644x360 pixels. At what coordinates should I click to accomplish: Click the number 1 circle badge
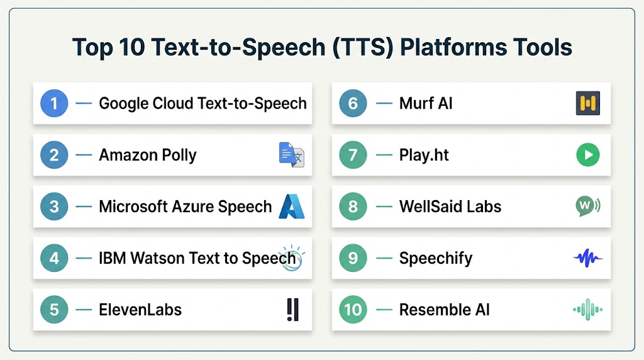[x=54, y=103]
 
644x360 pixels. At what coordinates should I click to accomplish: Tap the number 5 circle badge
[x=54, y=310]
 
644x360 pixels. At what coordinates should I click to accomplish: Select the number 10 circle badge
[x=353, y=310]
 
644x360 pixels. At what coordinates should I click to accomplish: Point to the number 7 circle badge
[x=353, y=155]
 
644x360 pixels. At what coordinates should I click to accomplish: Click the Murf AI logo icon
[x=588, y=103]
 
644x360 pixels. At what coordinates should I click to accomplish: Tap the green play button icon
[x=588, y=155]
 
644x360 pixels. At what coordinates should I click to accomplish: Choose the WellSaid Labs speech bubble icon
[x=588, y=206]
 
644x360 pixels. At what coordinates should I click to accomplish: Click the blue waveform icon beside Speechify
[x=588, y=258]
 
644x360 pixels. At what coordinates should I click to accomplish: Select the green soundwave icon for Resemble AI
[x=588, y=310]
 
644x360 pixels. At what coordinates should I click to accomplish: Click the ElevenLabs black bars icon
[x=293, y=310]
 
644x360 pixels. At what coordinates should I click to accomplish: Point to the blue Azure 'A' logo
[x=292, y=206]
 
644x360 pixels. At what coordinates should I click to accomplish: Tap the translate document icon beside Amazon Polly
[x=292, y=155]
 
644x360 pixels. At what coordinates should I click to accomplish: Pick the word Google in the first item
[x=124, y=104]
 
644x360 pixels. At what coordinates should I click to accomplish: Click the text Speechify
[x=436, y=259]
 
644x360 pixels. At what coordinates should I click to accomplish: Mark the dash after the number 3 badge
[x=84, y=206]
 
